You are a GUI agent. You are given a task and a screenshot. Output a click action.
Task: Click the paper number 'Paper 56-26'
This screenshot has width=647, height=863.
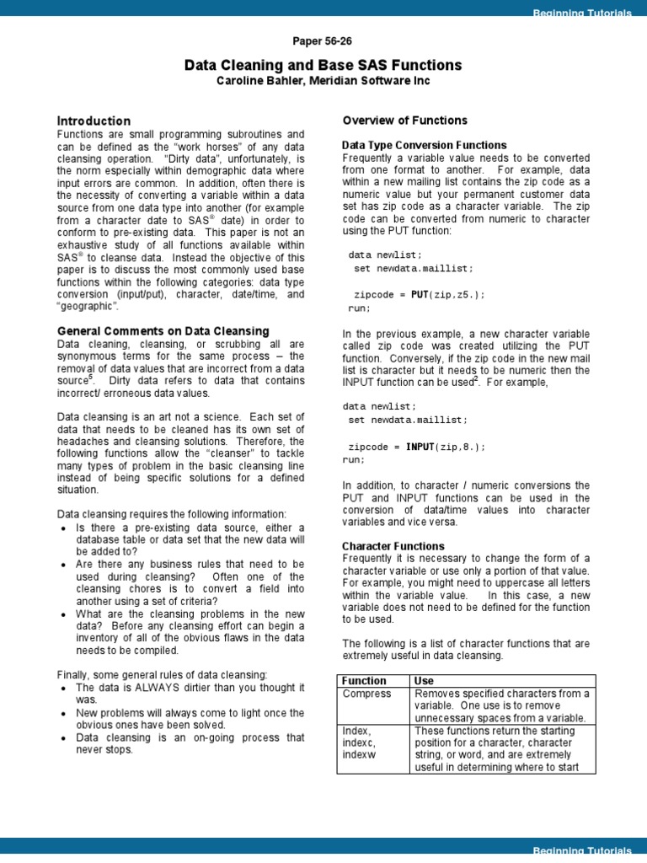point(323,41)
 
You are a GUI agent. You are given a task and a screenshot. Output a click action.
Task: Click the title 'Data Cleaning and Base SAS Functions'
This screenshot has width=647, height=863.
point(323,65)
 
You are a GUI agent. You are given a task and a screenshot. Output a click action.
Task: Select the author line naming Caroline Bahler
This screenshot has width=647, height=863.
point(323,81)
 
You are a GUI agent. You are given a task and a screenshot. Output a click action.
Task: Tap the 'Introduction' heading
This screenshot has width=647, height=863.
point(94,121)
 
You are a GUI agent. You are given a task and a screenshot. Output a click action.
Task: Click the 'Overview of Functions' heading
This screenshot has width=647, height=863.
point(404,121)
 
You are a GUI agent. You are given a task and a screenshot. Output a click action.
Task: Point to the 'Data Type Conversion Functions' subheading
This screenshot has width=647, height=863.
point(425,145)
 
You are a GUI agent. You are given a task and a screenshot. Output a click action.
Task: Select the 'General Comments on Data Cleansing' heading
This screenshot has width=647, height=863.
point(163,331)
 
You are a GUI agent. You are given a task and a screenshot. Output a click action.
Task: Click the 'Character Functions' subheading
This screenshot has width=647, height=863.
point(393,546)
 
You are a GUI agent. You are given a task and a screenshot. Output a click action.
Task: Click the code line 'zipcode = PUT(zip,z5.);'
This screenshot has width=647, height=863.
point(419,295)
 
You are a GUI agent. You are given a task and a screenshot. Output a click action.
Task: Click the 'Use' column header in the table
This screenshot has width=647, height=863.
point(424,681)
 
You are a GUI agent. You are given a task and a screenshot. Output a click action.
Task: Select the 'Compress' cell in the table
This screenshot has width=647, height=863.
point(367,694)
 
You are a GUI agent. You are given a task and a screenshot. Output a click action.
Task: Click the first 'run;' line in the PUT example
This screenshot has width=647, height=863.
point(359,308)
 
